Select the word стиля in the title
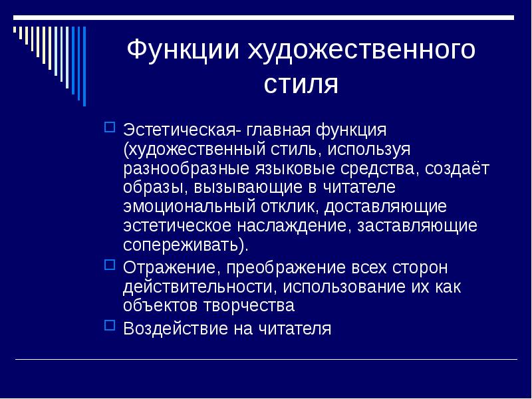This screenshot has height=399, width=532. coord(301,84)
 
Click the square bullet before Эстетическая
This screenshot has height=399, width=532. coord(110,126)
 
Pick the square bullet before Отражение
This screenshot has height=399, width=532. coord(110,267)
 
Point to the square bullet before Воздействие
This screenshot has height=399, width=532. coord(110,326)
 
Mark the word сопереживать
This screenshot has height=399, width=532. coord(183,245)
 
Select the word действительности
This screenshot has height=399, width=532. coord(198,287)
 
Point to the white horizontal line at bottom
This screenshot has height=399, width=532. coord(266,360)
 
